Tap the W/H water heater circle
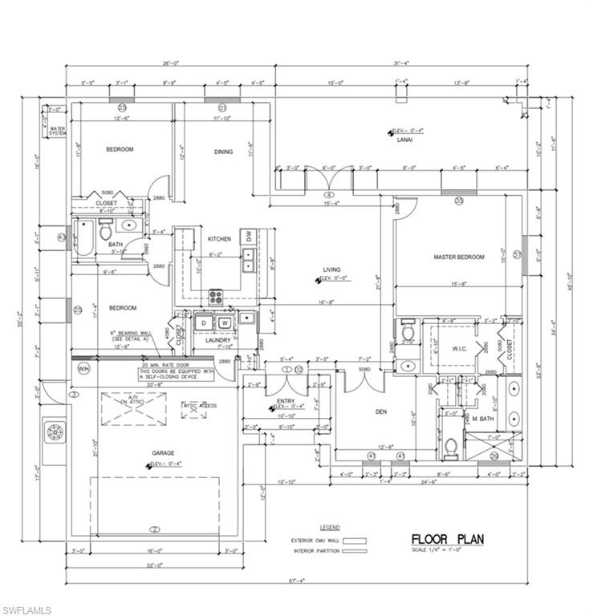point(83,369)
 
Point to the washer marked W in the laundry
point(225,323)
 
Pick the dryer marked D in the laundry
point(204,323)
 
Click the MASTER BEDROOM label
point(459,257)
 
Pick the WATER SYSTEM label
point(57,130)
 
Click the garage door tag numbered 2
point(155,529)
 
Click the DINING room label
point(223,152)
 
